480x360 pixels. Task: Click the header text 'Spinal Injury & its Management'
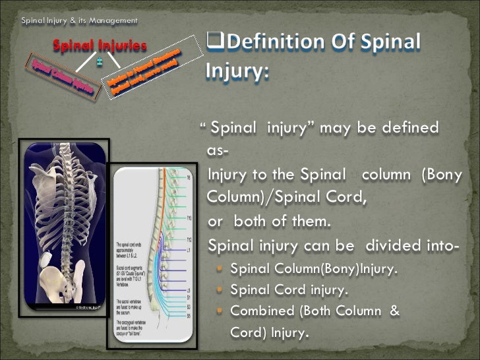pos(79,20)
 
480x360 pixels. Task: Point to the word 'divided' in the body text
pos(391,247)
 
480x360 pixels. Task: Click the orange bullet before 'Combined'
pos(221,310)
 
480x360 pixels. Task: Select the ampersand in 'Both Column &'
pos(394,310)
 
